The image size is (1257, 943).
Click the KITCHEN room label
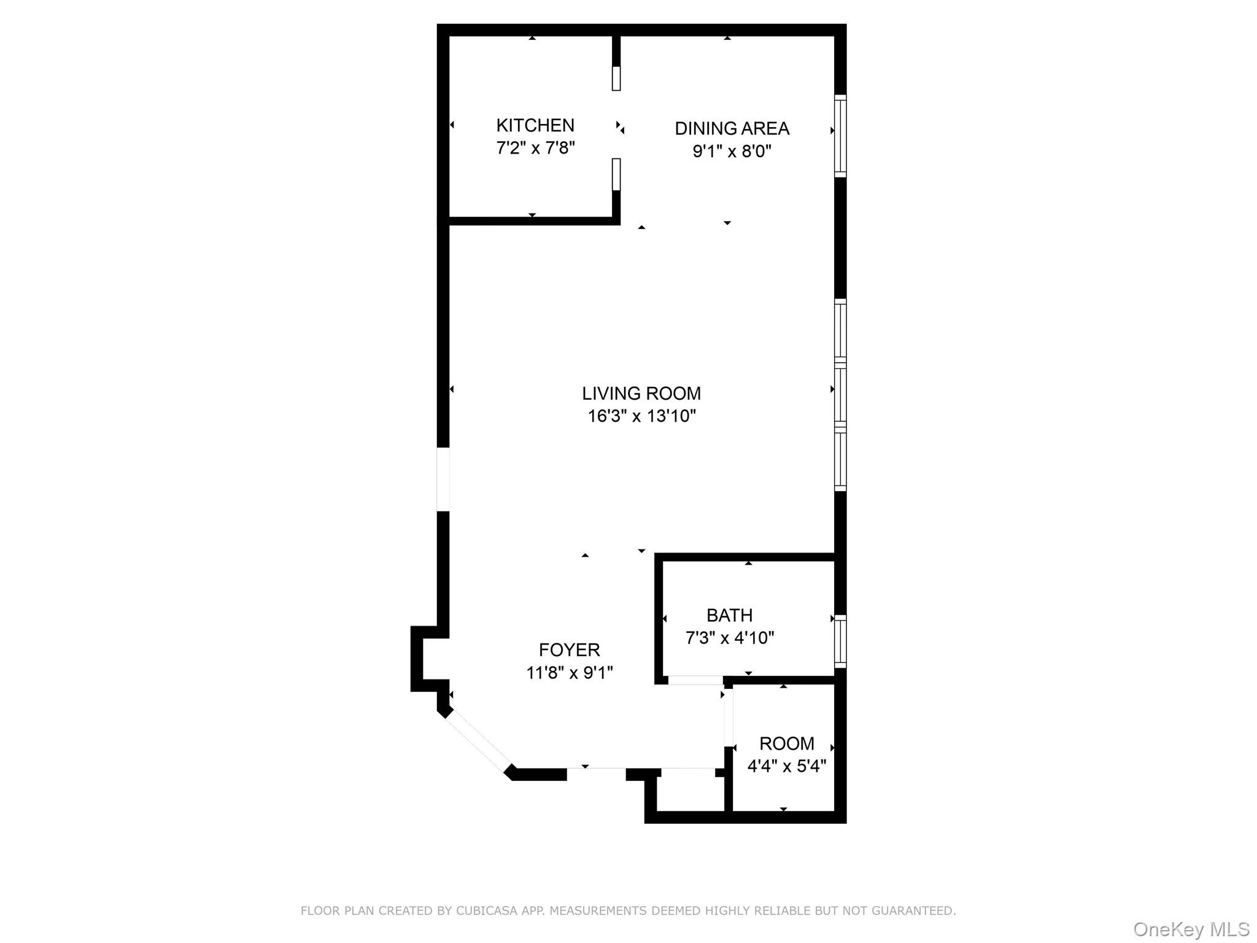(535, 125)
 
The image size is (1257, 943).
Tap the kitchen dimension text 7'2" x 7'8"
(535, 148)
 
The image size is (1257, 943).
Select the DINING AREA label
(732, 128)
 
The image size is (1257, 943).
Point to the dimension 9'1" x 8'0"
(732, 151)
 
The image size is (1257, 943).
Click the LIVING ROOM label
(641, 394)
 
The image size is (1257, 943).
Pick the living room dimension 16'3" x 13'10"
(641, 416)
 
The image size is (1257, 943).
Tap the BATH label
(729, 615)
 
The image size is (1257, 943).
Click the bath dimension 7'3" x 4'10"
(729, 638)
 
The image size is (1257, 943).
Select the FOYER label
(569, 650)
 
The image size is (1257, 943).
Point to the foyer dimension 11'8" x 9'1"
(569, 673)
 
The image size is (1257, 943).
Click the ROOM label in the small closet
(787, 743)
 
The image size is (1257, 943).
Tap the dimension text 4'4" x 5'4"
(787, 766)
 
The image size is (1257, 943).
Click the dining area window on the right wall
(840, 136)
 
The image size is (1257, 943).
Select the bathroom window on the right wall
(840, 641)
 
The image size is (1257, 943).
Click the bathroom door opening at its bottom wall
(695, 680)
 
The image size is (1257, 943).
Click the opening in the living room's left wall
(443, 479)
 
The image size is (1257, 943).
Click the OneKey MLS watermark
(1191, 929)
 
